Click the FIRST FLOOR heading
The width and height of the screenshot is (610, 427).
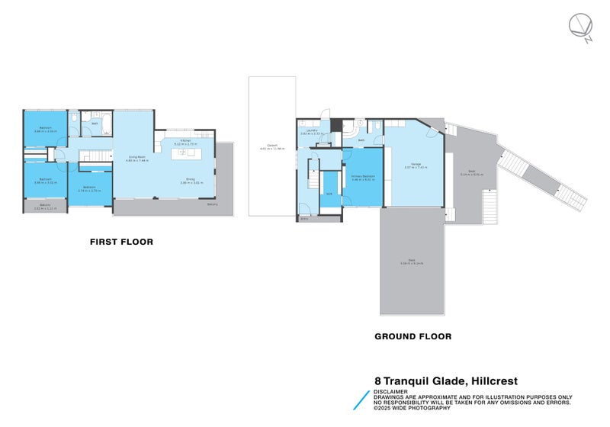click(x=121, y=242)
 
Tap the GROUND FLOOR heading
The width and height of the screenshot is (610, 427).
click(x=413, y=336)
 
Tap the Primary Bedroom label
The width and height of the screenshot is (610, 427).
click(x=363, y=178)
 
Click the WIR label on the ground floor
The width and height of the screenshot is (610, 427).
click(x=329, y=194)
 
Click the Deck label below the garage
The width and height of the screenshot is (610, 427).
click(x=412, y=262)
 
